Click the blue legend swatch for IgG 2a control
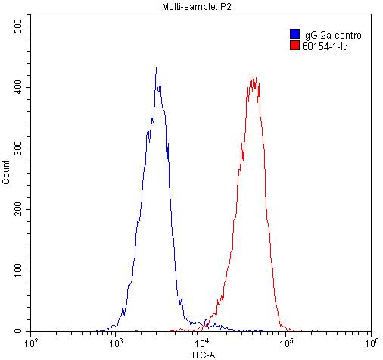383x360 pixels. pyautogui.click(x=294, y=34)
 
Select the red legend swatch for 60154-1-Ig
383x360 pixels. pyautogui.click(x=294, y=45)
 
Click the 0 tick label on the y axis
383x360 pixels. pyautogui.click(x=25, y=332)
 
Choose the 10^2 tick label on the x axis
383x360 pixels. pyautogui.click(x=31, y=343)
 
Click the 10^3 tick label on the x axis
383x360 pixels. pyautogui.click(x=116, y=343)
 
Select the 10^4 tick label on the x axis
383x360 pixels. pyautogui.click(x=201, y=343)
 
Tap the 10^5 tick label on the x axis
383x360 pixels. pyautogui.click(x=286, y=343)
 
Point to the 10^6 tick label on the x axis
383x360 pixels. pyautogui.click(x=370, y=343)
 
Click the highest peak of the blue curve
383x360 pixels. pyautogui.click(x=156, y=67)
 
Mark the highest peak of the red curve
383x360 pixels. pyautogui.click(x=253, y=77)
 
